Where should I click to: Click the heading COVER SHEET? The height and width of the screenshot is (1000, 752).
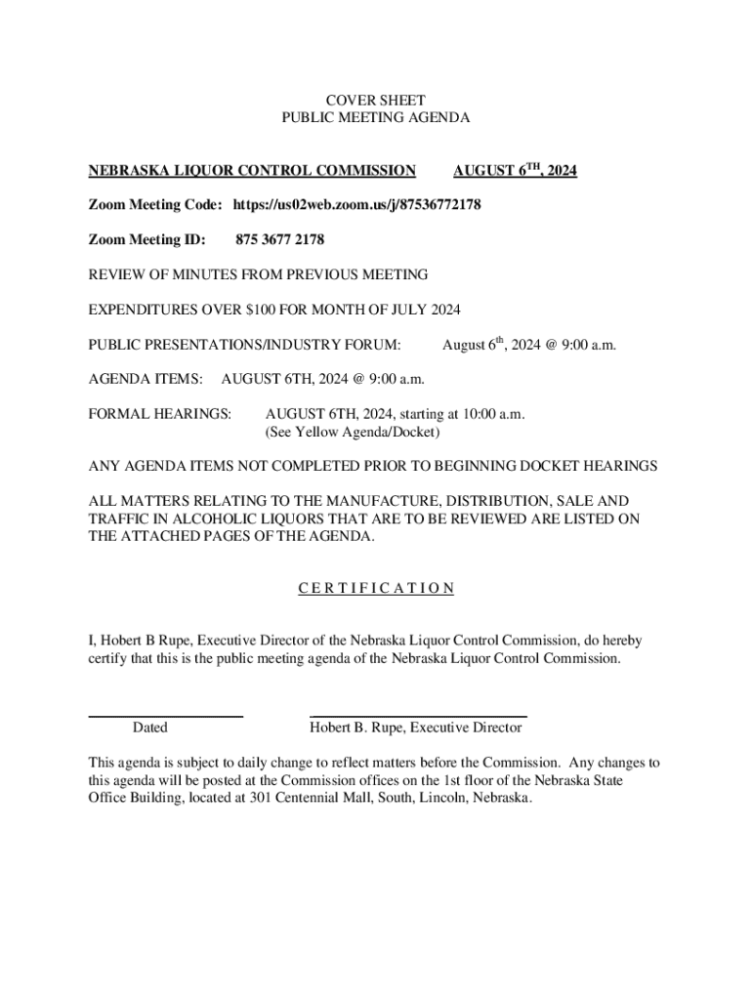click(375, 100)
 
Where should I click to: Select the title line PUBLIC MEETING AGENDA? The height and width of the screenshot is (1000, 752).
click(375, 117)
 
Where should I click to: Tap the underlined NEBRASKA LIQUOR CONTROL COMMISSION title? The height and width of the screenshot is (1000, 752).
click(252, 171)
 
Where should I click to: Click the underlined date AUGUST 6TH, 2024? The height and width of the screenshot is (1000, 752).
click(515, 171)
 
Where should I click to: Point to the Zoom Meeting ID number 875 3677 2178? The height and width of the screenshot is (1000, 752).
click(280, 239)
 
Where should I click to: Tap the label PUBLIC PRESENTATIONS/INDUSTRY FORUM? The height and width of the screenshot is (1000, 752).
click(244, 345)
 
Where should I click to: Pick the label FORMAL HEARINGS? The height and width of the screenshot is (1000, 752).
click(159, 413)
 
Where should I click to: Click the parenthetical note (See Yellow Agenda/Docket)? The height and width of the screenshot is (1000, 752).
click(353, 431)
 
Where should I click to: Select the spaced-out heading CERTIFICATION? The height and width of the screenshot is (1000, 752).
click(375, 588)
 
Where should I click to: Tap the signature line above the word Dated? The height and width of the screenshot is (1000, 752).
click(165, 717)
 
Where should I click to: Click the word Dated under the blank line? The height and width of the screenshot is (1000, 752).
click(149, 728)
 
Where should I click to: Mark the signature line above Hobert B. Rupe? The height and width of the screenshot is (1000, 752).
click(418, 717)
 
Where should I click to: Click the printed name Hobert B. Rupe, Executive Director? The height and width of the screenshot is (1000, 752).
click(416, 728)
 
